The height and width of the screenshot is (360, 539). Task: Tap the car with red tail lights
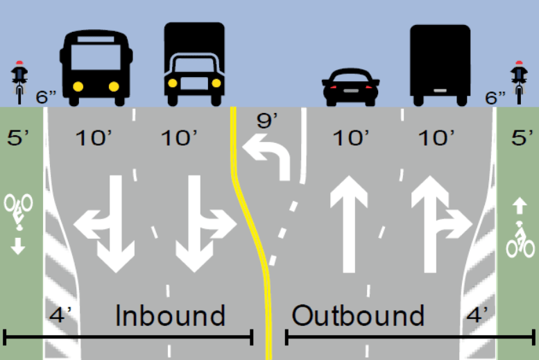point(350,87)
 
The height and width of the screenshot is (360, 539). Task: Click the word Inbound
point(170,316)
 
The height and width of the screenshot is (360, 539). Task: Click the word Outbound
point(357,316)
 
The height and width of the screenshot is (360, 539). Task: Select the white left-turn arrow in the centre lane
point(267,156)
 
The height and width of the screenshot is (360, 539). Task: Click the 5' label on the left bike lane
point(18,137)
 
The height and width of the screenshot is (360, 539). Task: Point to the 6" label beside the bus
point(46,96)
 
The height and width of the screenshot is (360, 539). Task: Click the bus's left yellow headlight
point(78,87)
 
